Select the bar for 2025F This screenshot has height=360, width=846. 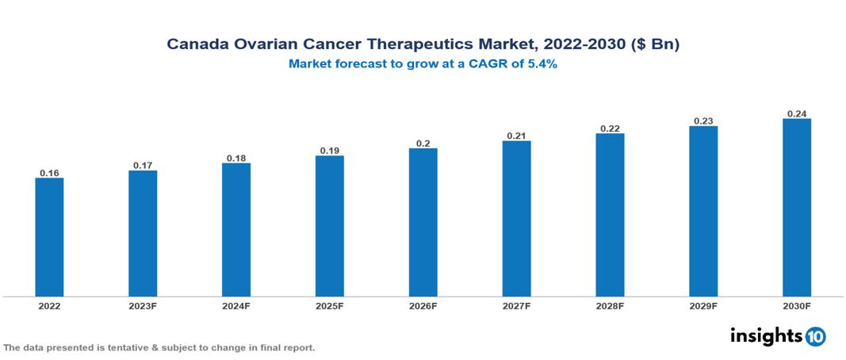[x=329, y=226]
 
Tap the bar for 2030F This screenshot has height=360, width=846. [x=796, y=208]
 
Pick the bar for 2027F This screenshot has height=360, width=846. [x=516, y=219]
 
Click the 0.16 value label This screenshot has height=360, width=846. [x=49, y=173]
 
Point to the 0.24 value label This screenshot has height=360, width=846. [x=796, y=113]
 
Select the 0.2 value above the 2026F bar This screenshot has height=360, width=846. [x=423, y=144]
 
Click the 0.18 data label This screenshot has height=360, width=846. [x=236, y=158]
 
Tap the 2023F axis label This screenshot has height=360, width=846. [x=143, y=306]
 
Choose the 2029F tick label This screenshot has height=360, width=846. [x=703, y=306]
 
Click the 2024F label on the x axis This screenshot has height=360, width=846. [x=236, y=306]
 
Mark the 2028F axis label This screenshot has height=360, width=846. [x=610, y=306]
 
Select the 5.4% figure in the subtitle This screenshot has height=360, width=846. [x=543, y=65]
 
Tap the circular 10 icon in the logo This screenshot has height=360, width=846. [x=816, y=336]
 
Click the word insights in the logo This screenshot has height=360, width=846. [x=765, y=335]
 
